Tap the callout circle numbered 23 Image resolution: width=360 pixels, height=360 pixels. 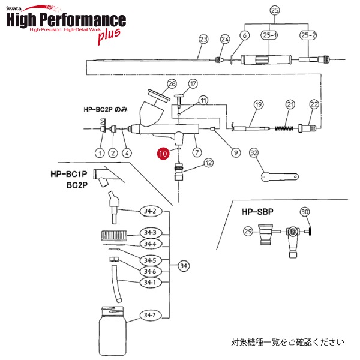(203, 39)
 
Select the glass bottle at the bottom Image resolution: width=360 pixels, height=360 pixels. (114, 326)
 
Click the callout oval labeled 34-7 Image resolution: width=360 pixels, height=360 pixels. (149, 314)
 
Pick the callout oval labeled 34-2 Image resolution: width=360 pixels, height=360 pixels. (149, 211)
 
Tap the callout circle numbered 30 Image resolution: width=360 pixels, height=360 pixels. (304, 212)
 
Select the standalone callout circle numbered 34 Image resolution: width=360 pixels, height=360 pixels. (184, 265)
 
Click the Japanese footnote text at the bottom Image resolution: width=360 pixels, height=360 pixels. (287, 343)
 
